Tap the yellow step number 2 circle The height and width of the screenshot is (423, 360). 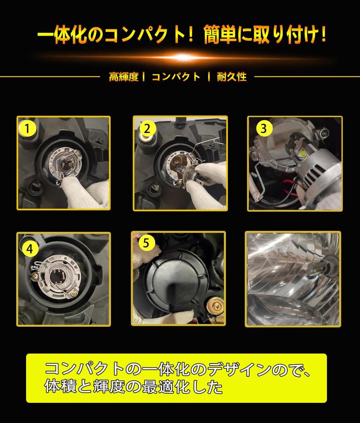146,128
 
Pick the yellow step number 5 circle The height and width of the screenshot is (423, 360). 146,243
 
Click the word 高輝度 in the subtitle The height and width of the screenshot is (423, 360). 123,77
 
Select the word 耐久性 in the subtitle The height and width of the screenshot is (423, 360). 232,77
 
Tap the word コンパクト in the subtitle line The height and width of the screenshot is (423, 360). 176,77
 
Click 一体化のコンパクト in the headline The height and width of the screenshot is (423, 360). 109,36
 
